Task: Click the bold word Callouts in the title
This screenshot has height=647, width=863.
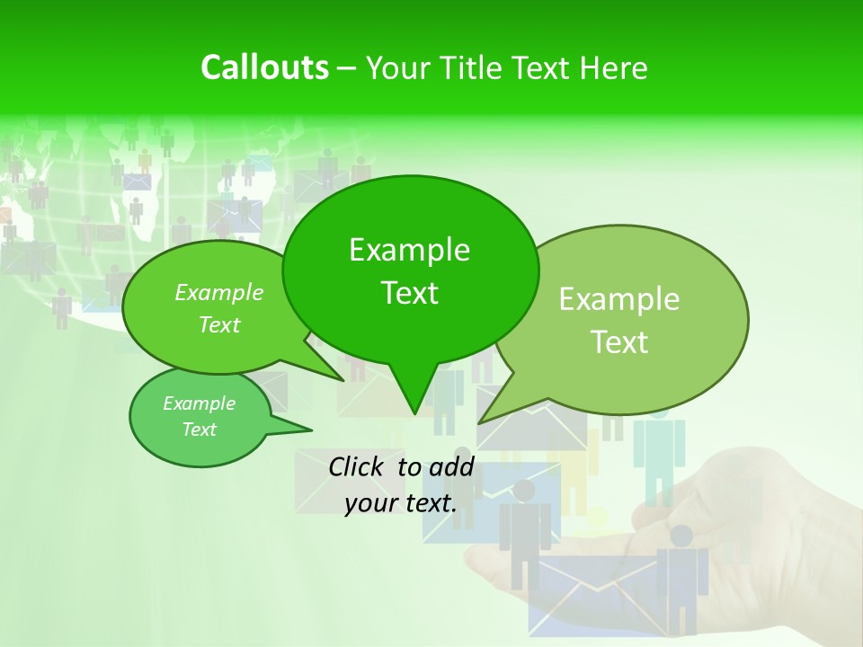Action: [264, 67]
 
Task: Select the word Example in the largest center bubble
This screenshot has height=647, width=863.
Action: [409, 250]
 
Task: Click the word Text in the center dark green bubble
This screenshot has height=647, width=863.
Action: [409, 293]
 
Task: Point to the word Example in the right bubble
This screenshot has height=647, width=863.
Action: [619, 299]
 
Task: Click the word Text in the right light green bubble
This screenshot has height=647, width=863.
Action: [619, 342]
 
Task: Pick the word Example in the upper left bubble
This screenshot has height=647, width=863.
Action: [219, 292]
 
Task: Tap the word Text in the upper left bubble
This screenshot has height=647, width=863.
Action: [219, 324]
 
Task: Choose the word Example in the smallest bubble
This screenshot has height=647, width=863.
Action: [199, 403]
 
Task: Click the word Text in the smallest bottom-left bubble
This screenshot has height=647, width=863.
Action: [199, 430]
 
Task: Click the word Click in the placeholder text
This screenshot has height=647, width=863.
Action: [359, 466]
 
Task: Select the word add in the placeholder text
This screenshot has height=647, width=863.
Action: [451, 466]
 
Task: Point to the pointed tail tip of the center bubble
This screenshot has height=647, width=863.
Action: [414, 414]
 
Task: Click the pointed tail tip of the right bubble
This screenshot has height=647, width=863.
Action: [479, 422]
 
